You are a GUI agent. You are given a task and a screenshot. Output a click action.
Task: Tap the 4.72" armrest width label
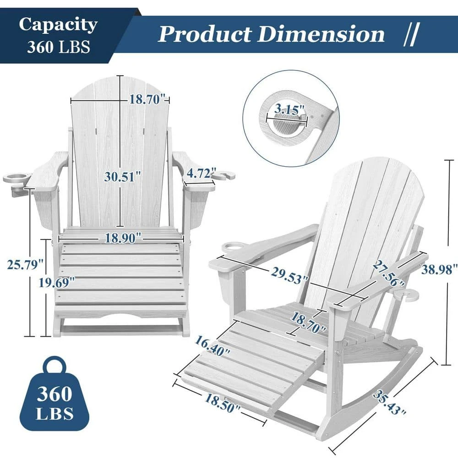pyautogui.click(x=201, y=174)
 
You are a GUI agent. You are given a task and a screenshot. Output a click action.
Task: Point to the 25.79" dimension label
pyautogui.click(x=25, y=264)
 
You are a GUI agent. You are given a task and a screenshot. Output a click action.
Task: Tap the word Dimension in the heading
pyautogui.click(x=322, y=34)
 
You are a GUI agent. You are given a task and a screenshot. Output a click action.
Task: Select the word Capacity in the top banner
pyautogui.click(x=58, y=24)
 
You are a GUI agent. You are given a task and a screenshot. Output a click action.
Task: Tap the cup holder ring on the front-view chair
pyautogui.click(x=16, y=178)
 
